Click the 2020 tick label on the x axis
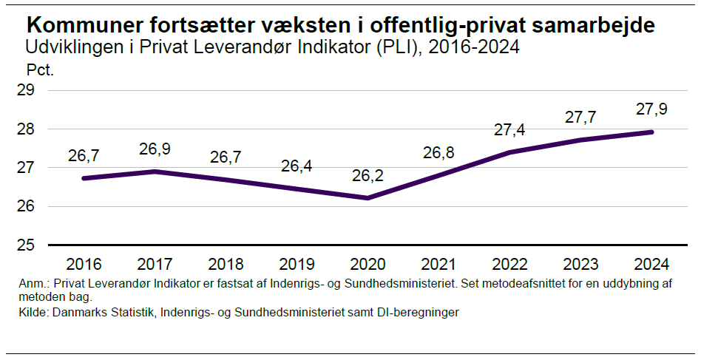pyautogui.click(x=368, y=265)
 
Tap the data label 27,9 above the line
pyautogui.click(x=651, y=109)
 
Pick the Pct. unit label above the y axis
pyautogui.click(x=41, y=71)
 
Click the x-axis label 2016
pyautogui.click(x=84, y=265)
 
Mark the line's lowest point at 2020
pyautogui.click(x=368, y=197)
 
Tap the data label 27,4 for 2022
pyautogui.click(x=509, y=130)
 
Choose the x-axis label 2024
pyautogui.click(x=651, y=265)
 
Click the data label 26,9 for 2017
pyautogui.click(x=155, y=149)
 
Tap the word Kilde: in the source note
pyautogui.click(x=34, y=313)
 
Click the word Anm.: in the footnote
pyautogui.click(x=35, y=285)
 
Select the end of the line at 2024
pyautogui.click(x=651, y=132)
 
